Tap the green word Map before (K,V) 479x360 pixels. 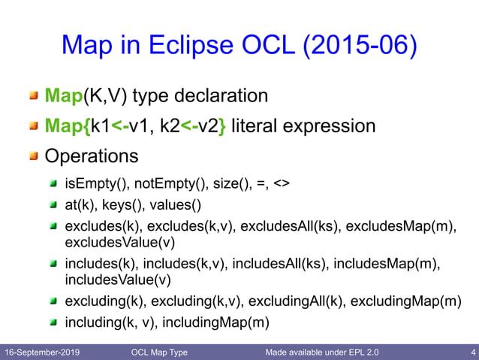tap(64, 96)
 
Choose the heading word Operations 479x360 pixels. tap(92, 156)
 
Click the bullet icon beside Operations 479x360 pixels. tap(34, 157)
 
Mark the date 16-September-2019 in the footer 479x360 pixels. tap(43, 352)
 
